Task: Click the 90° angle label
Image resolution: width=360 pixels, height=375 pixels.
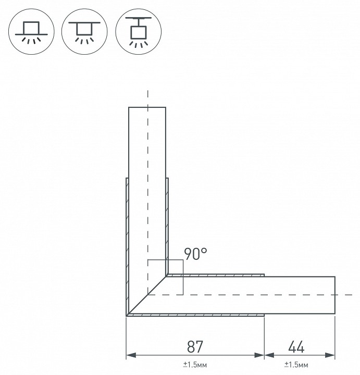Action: coord(195,254)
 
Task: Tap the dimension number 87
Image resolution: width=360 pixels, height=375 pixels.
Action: coord(195,347)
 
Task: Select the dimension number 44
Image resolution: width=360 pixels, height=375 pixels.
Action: coord(296,347)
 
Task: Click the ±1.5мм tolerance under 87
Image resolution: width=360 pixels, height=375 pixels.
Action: coord(195,365)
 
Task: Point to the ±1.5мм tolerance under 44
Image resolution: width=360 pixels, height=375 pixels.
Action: coord(296,365)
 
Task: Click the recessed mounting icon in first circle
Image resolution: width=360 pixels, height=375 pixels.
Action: coord(31,32)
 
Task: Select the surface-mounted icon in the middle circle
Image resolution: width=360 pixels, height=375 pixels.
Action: coord(84,32)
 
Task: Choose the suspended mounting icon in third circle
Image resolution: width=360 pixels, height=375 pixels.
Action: coord(138,32)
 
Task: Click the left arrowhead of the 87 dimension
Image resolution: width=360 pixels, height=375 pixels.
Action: coord(131,355)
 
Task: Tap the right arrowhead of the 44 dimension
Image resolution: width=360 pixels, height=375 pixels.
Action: coord(330,355)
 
